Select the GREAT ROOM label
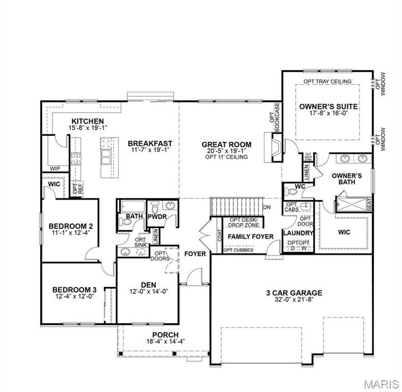click(226, 144)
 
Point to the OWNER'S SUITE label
click(328, 106)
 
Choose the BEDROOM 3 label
click(75, 290)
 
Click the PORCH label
click(150, 334)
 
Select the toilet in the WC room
click(291, 192)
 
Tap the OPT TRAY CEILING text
click(327, 82)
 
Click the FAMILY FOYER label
click(251, 237)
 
